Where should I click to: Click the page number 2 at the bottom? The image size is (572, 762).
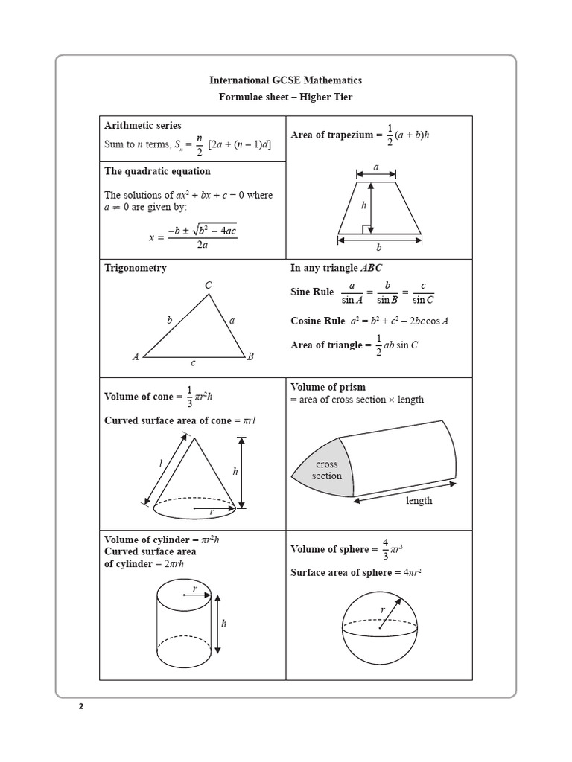coord(81,707)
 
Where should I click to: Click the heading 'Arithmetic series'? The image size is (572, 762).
coord(142,126)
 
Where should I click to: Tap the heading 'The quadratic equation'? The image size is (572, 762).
coord(157,171)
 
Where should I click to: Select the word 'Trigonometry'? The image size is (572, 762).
coord(136,268)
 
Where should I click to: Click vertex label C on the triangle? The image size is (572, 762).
coord(209,285)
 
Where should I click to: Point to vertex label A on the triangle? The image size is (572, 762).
coord(136,357)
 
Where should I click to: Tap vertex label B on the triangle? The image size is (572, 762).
coord(250,357)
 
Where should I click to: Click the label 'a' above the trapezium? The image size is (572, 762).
coord(375,169)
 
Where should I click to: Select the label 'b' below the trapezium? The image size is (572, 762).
coord(378,248)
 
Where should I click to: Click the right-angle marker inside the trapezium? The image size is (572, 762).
coord(367,230)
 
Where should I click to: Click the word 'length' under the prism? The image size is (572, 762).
coord(419,501)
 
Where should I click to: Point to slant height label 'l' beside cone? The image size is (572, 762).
coord(160,464)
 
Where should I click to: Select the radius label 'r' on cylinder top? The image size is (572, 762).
coord(194,589)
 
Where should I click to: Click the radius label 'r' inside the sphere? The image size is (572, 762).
coord(383,610)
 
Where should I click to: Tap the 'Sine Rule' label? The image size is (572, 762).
coord(312,292)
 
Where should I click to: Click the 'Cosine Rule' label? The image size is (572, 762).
coord(317,321)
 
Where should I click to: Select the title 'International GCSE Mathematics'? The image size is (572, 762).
coord(285,80)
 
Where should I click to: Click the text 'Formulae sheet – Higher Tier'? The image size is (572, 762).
coord(285,97)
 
